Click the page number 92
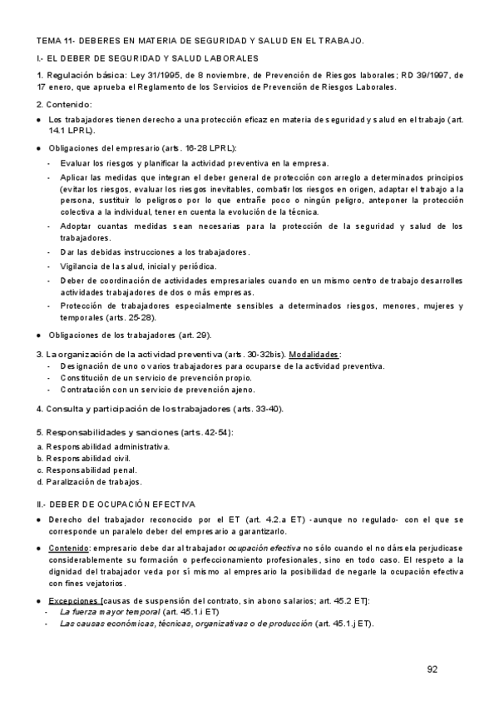coord(432,669)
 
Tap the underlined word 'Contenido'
coord(70,549)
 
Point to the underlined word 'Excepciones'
coord(73,600)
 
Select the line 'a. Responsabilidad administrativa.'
coord(103,447)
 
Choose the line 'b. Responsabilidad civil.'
coord(84,459)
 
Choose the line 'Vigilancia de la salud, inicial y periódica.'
coord(138,266)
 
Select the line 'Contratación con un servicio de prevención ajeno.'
coord(158,389)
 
